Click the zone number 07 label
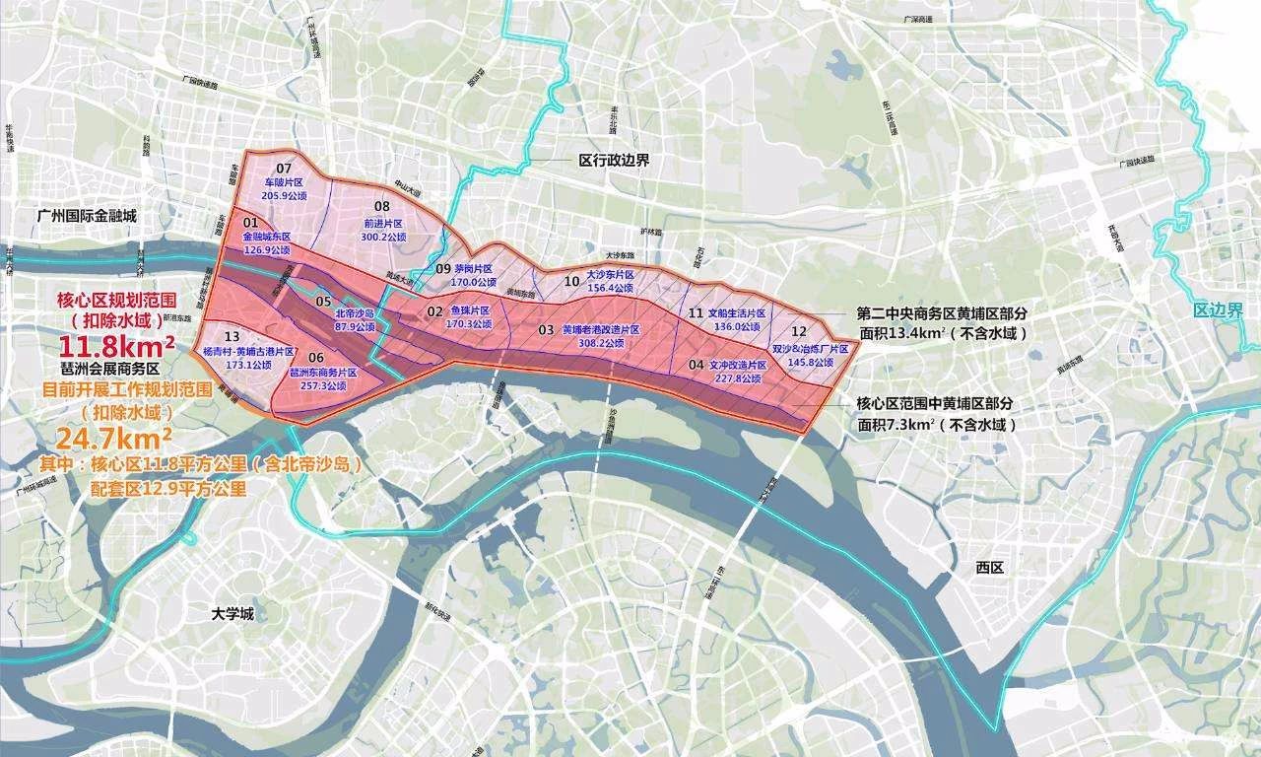[x=284, y=168]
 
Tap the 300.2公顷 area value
[x=383, y=238]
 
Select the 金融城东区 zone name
[x=264, y=237]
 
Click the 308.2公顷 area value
[x=601, y=343]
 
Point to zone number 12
[x=799, y=331]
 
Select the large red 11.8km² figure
[x=117, y=347]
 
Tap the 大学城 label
[x=232, y=613]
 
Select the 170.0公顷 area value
[x=468, y=281]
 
